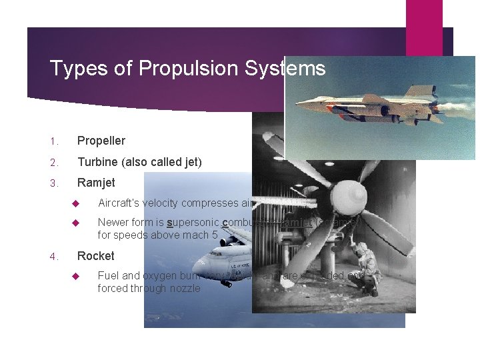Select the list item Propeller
coord(101,141)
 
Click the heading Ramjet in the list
coord(96,183)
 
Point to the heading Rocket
coord(96,256)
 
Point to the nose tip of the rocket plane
coord(298,105)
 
